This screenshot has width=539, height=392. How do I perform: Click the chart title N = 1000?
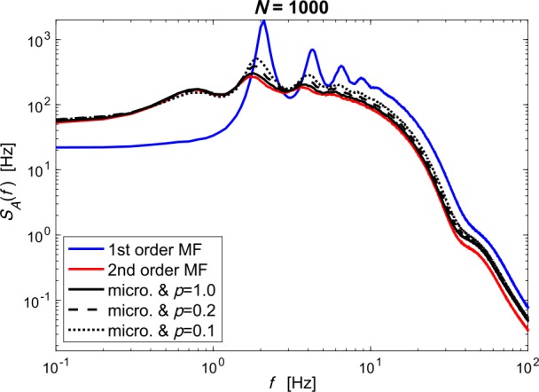tap(292, 8)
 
